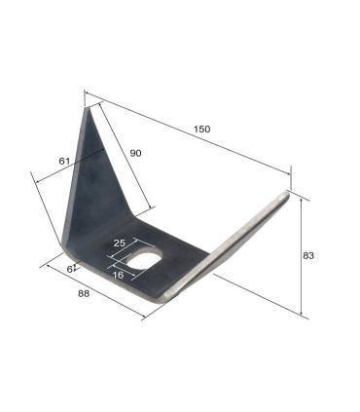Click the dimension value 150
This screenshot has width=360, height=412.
click(x=201, y=129)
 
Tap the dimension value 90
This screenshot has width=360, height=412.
click(x=135, y=153)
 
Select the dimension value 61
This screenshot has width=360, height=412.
click(x=64, y=161)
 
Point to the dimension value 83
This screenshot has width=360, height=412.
click(x=308, y=256)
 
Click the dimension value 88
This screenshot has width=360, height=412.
click(x=84, y=293)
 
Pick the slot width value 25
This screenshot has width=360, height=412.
click(x=119, y=243)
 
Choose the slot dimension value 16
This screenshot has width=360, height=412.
click(x=118, y=275)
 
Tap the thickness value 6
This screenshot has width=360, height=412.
click(x=69, y=269)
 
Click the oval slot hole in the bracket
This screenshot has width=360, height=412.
click(x=144, y=258)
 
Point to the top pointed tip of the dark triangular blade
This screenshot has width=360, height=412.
click(x=87, y=108)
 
